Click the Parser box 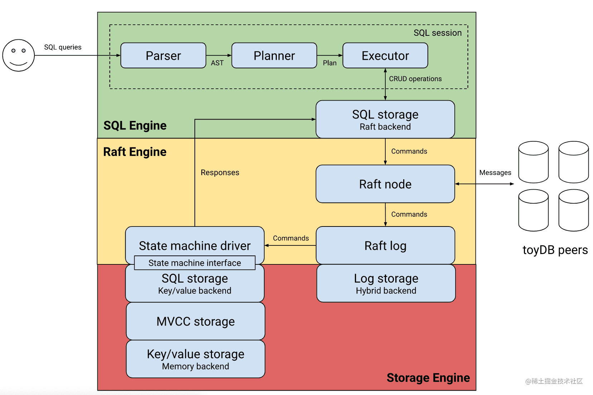click(163, 55)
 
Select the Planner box click(274, 55)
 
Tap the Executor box click(385, 55)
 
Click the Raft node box click(385, 184)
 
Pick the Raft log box click(385, 245)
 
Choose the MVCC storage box click(196, 321)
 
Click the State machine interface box click(194, 263)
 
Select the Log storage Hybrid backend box click(386, 283)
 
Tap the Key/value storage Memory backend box click(196, 359)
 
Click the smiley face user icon click(19, 55)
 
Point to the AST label click(217, 63)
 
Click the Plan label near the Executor click(329, 63)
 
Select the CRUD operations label click(415, 79)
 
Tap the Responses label click(220, 172)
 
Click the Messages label click(495, 172)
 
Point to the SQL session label click(438, 33)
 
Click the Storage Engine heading click(428, 377)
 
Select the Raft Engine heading click(135, 152)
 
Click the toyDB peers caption click(555, 250)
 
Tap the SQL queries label click(63, 47)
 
